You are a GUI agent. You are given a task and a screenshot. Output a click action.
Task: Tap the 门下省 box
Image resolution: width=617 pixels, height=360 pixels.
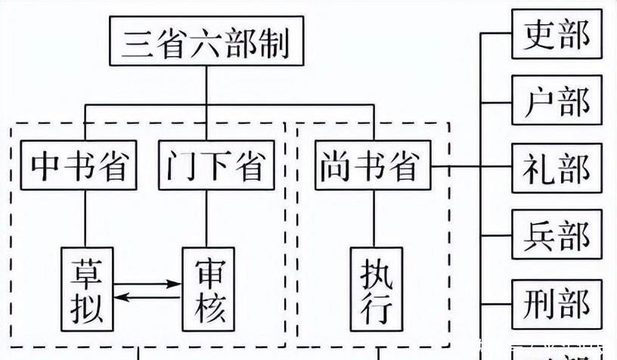(x=209, y=166)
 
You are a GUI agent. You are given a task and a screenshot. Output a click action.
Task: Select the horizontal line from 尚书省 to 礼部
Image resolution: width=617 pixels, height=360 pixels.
(x=457, y=167)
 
